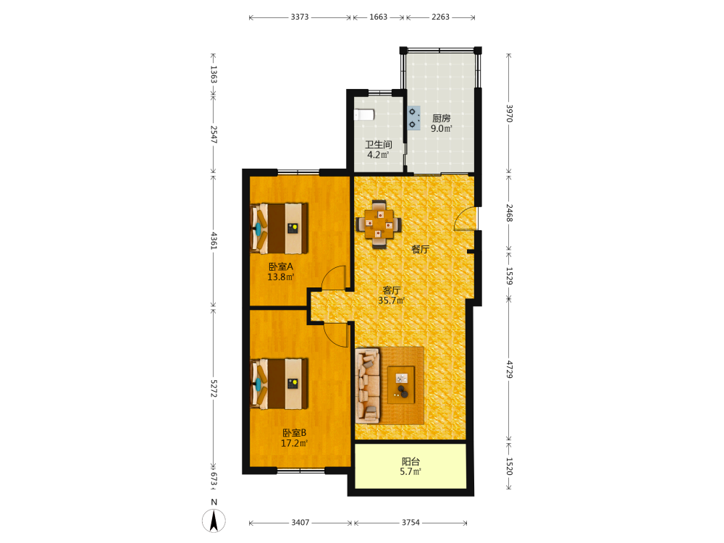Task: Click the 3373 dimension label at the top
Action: coord(300,17)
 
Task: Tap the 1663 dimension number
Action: coord(378,17)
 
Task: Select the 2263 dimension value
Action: coord(440,17)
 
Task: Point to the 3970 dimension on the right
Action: coord(509,113)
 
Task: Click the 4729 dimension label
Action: coord(509,369)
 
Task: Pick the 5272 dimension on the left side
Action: coord(214,389)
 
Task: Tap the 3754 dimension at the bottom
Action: coord(411,522)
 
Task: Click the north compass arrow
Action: coord(214,521)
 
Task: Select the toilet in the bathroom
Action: coord(363,114)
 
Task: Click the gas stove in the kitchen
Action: coord(413,118)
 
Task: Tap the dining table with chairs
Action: coord(379,224)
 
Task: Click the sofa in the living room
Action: coord(368,386)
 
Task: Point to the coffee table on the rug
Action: coord(401,384)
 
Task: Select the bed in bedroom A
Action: coord(279,228)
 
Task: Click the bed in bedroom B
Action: coord(279,384)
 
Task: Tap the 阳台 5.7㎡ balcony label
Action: coord(411,466)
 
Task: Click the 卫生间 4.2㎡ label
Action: coord(378,150)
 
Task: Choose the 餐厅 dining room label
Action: coord(420,249)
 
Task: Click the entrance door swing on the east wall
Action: coord(465,218)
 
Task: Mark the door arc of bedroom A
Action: coord(333,277)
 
